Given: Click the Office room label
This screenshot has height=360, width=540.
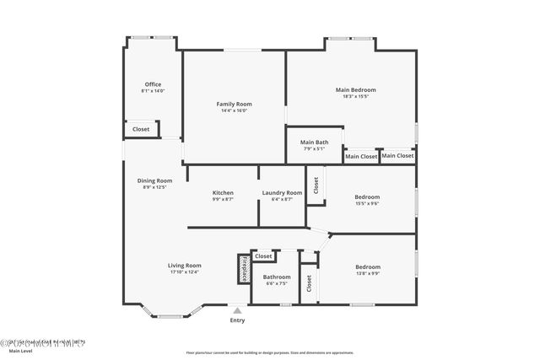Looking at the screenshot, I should point(153,84).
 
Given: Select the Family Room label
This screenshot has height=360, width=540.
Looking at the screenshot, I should point(235,104).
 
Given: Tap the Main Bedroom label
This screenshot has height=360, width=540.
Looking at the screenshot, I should point(355,89).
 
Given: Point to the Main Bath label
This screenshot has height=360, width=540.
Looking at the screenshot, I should point(315,142).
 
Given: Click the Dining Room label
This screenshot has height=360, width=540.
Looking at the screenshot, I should point(154,180).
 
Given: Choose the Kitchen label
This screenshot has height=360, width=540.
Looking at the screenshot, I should point(223,193).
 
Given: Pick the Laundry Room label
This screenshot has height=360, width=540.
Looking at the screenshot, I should point(282,193).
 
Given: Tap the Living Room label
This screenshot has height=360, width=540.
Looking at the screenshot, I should point(184,266).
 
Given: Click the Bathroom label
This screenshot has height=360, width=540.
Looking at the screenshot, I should point(277,277).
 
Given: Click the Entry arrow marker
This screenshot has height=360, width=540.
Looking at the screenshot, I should point(238,310).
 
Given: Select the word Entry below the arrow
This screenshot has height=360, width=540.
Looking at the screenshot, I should point(238,320).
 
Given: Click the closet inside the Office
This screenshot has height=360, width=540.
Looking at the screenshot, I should point(141,129).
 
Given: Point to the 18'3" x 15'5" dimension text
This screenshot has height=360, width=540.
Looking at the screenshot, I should point(355,96).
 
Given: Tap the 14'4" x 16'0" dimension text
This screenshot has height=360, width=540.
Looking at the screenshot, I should point(235,110).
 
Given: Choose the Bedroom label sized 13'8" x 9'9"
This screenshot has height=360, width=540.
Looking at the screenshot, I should point(367,267).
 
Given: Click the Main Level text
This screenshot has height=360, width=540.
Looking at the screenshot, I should point(20,352).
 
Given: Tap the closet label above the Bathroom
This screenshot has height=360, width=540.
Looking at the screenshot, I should point(263,255).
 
